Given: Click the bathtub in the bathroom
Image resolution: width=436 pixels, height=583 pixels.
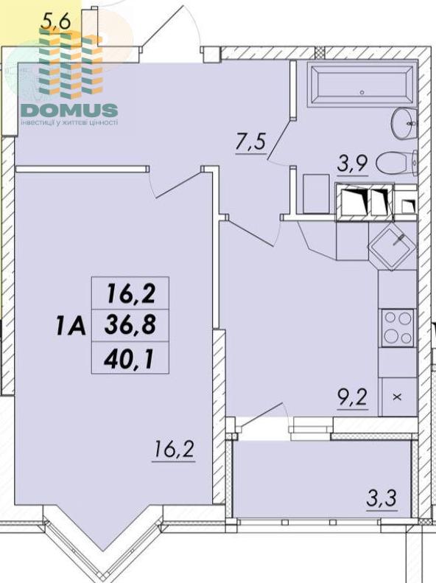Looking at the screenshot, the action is (362, 85).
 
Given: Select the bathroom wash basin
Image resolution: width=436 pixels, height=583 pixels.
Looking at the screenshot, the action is (404, 123).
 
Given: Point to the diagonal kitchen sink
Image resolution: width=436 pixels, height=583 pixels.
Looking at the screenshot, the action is (391, 246).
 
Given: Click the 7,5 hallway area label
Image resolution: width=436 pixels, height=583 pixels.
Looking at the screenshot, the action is (250, 142).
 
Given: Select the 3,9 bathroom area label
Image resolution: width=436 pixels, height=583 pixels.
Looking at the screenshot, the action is (353, 164).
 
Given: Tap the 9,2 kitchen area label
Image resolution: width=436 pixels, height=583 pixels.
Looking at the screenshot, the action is (353, 397).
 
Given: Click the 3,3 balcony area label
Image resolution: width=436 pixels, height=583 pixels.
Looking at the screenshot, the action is (381, 498).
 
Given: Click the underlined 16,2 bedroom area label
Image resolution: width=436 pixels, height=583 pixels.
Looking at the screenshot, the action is (173, 450).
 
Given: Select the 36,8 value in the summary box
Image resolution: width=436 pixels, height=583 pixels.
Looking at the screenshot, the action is (130, 325).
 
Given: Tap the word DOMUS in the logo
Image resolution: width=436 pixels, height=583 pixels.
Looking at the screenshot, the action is (69, 110).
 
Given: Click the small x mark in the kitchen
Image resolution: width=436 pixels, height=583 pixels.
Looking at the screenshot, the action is (397, 397).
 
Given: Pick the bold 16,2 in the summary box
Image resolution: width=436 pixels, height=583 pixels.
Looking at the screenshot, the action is (131, 293).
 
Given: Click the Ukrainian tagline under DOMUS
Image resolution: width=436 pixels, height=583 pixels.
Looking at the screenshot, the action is (69, 122).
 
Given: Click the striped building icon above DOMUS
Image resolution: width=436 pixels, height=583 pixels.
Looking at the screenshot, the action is (70, 63).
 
